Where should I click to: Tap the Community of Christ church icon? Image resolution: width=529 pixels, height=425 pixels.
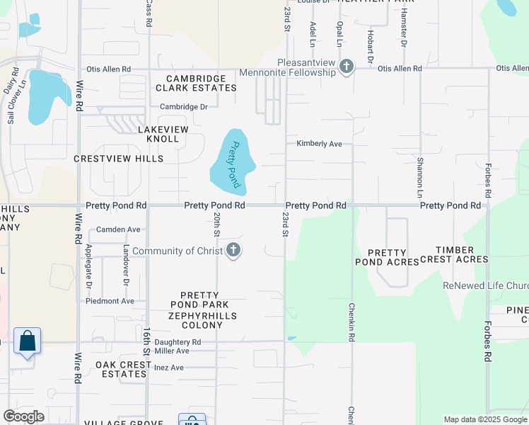click(234, 251)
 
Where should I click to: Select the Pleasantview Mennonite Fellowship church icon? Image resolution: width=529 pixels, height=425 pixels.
click(346, 67)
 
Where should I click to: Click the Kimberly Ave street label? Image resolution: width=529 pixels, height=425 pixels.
click(319, 144)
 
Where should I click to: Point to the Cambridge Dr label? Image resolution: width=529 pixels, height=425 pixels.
click(183, 107)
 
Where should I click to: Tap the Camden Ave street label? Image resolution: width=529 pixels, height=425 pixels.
click(118, 229)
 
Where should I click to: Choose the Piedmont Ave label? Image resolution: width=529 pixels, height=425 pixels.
click(110, 301)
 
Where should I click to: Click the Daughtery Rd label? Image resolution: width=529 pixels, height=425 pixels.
click(178, 342)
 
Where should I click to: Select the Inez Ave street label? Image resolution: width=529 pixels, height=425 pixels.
click(168, 368)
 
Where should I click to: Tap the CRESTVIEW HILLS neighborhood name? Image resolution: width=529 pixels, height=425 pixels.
click(119, 159)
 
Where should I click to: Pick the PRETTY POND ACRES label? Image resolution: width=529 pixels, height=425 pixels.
click(387, 257)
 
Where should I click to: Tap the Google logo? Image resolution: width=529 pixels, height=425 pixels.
click(24, 416)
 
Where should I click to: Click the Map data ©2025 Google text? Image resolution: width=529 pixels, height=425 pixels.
click(484, 419)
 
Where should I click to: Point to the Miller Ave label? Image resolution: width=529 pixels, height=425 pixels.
click(172, 351)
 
